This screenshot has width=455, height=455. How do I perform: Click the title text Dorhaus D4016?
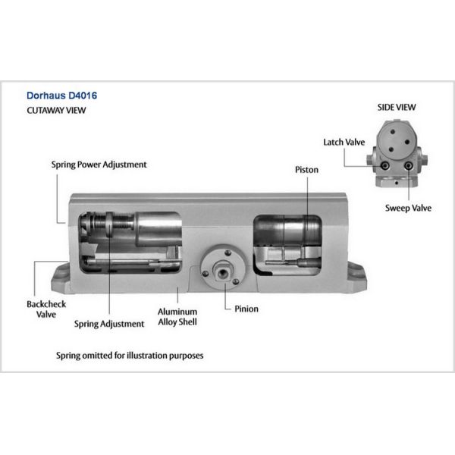[x=62, y=96]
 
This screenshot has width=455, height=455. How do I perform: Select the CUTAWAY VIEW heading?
[x=57, y=111]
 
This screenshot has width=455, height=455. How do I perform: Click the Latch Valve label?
[x=344, y=142]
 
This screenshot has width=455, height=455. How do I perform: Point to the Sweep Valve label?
[x=408, y=208]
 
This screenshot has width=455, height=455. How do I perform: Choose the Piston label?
[x=306, y=170]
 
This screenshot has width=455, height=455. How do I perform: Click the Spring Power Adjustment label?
[x=99, y=164]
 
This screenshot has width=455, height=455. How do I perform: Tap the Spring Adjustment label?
[x=109, y=324]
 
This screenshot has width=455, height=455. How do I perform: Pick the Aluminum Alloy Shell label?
[x=177, y=316]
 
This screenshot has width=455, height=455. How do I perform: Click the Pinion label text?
[x=246, y=309]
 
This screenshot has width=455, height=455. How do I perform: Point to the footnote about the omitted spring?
[x=130, y=355]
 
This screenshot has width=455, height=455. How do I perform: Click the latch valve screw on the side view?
[x=386, y=166]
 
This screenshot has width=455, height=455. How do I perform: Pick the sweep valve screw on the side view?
[x=409, y=166]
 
